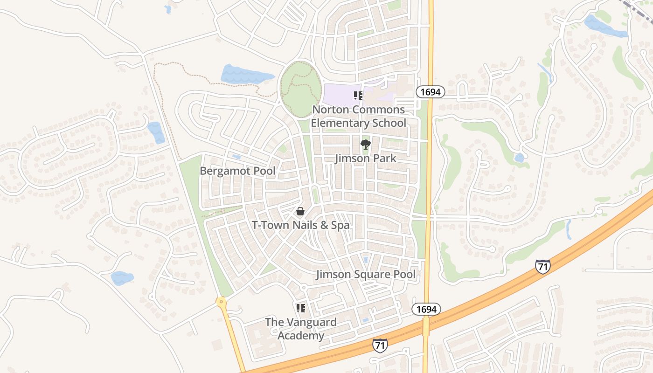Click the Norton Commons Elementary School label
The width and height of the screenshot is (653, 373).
click(358, 117)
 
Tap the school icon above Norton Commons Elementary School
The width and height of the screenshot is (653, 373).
click(358, 96)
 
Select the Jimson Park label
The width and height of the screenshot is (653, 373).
click(366, 159)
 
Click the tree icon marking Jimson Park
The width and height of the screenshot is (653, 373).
click(366, 145)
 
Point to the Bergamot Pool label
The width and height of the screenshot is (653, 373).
click(237, 171)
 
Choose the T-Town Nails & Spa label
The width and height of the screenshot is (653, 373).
click(301, 225)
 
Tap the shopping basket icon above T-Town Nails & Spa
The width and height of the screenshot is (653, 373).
click(301, 212)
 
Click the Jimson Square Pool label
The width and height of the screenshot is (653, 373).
click(366, 274)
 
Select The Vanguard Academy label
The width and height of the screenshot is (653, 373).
click(301, 329)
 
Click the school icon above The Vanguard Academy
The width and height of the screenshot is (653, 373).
click(301, 308)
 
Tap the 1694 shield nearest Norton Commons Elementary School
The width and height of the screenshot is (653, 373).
click(430, 92)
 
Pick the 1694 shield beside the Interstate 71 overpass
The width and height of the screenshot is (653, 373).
click(426, 309)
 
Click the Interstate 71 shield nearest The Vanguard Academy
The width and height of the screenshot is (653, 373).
click(380, 345)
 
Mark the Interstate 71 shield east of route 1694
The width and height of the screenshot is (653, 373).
click(542, 266)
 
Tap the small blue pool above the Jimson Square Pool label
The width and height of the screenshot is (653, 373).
click(366, 259)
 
